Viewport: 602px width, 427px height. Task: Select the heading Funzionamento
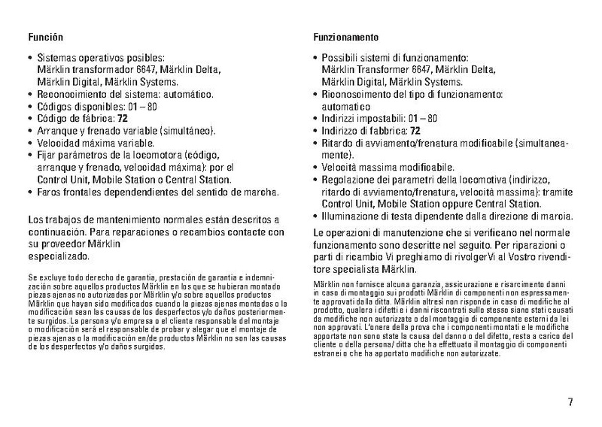345,37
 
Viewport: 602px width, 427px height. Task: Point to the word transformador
100,69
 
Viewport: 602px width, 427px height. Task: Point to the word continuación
56,233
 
